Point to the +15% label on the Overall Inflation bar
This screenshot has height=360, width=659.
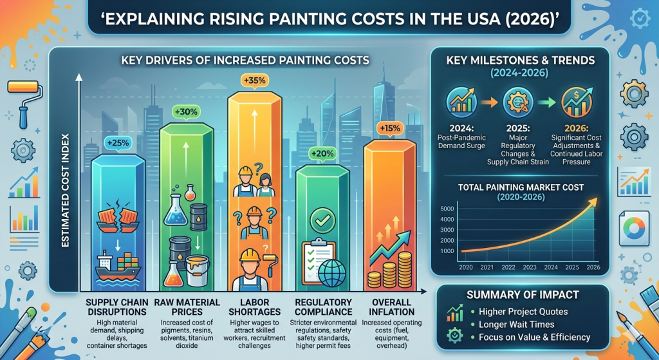coord(389,128)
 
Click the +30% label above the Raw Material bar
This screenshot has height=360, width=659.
coord(185,111)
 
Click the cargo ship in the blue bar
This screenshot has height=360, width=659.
coord(118,265)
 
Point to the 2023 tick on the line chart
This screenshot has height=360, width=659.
coord(530,267)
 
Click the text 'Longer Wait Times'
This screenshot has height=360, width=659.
coord(516,324)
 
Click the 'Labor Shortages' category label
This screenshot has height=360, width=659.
coord(254,307)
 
